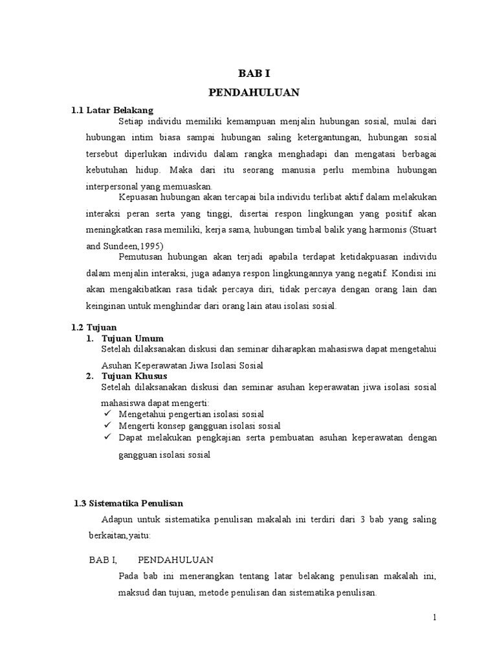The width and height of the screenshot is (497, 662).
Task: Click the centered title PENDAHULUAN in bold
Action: pyautogui.click(x=254, y=92)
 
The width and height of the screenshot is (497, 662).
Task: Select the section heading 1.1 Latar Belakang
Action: pyautogui.click(x=112, y=111)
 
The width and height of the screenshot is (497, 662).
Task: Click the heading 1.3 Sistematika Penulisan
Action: pyautogui.click(x=129, y=503)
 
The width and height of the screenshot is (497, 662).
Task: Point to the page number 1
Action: pyautogui.click(x=436, y=617)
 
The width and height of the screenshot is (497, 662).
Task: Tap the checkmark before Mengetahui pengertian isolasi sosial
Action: pyautogui.click(x=107, y=414)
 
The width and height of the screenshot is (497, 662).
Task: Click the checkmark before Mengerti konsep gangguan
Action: pyautogui.click(x=107, y=426)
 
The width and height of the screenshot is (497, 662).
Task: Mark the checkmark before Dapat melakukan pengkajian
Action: pyautogui.click(x=107, y=438)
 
